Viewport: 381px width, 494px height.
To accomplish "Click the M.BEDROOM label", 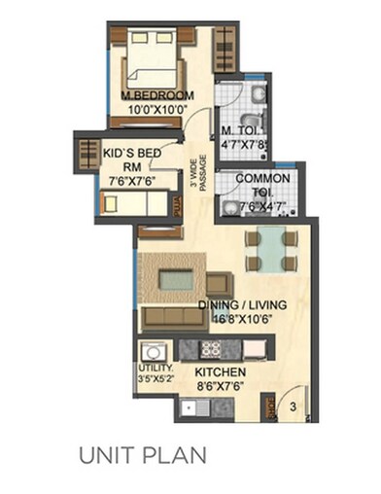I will [x=157, y=95].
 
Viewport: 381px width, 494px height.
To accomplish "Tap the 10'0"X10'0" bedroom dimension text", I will [x=157, y=108].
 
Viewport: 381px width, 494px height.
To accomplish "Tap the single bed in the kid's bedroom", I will [x=136, y=202].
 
